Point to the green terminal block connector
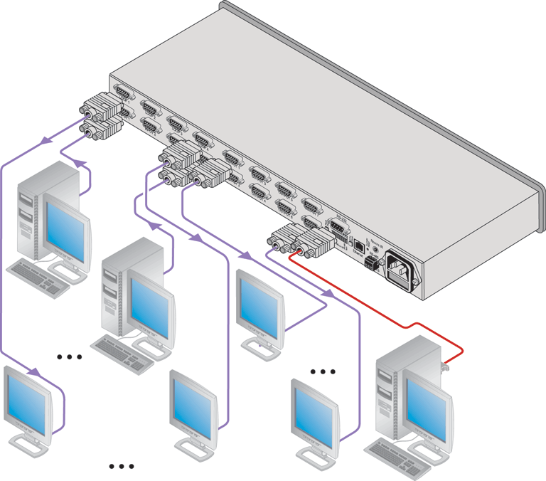coord(370,263)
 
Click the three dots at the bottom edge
coord(122,467)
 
